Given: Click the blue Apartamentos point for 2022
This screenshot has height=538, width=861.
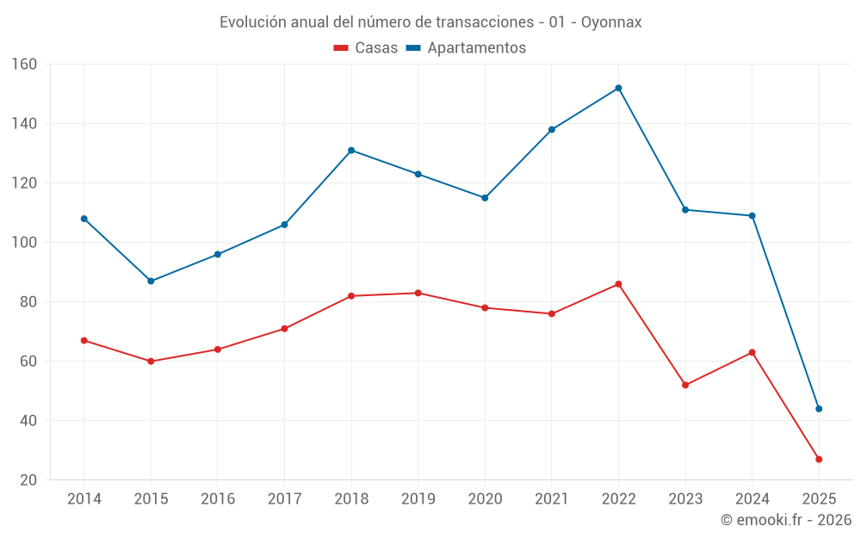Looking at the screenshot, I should pyautogui.click(x=618, y=88).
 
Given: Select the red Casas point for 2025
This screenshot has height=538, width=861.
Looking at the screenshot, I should pyautogui.click(x=819, y=460).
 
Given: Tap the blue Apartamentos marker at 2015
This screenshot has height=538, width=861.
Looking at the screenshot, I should pyautogui.click(x=151, y=281).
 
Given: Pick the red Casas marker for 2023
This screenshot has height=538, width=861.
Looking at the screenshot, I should pyautogui.click(x=685, y=385).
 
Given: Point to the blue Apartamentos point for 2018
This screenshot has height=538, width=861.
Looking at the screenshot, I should pyautogui.click(x=351, y=151).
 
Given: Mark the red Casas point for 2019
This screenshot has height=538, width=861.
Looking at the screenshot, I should pyautogui.click(x=418, y=294).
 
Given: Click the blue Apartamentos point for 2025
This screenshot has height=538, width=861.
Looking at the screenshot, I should pyautogui.click(x=819, y=409).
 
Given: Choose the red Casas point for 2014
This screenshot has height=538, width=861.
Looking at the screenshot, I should pyautogui.click(x=84, y=341).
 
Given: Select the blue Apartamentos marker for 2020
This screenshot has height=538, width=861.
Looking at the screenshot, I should pyautogui.click(x=485, y=198).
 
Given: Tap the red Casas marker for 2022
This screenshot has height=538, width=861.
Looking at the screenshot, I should pyautogui.click(x=618, y=284).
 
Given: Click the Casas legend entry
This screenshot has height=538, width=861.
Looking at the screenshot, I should pyautogui.click(x=366, y=48).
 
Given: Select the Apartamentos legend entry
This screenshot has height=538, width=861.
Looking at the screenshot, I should pyautogui.click(x=466, y=48).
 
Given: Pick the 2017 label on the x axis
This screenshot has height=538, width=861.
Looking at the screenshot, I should pyautogui.click(x=284, y=499).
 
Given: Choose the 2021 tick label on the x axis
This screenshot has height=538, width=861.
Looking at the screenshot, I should pyautogui.click(x=551, y=499).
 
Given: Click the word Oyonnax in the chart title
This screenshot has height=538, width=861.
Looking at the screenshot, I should pyautogui.click(x=611, y=22).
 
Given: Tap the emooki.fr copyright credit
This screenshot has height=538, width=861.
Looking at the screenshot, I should pyautogui.click(x=786, y=520).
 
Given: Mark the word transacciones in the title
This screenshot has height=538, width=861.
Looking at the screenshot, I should pyautogui.click(x=488, y=22).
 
